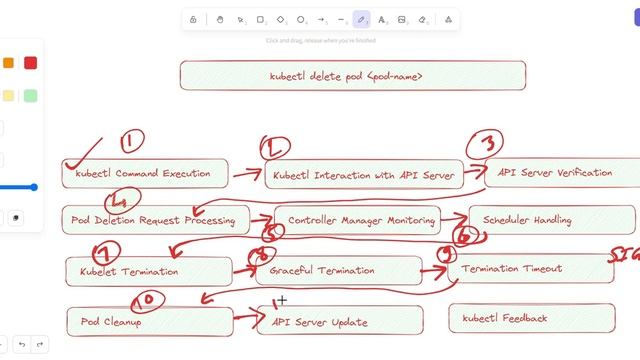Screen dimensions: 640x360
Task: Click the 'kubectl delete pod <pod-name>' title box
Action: pos(352,76)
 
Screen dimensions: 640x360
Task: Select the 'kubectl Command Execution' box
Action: pos(144,174)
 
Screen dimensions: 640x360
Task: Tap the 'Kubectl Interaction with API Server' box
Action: pos(364,175)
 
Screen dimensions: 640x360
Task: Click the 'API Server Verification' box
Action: pos(556,172)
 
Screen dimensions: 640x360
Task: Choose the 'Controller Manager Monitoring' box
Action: pos(361,220)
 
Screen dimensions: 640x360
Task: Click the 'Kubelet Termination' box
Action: pos(147,271)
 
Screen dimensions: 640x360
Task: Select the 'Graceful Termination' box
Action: pos(339,270)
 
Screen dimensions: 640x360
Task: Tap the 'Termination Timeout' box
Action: pos(530,268)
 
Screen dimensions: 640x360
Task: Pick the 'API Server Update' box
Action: pos(340,322)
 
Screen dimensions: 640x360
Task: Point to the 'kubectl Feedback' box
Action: pos(531,318)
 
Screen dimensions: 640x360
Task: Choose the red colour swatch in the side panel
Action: pos(30,63)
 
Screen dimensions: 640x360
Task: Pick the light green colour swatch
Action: pos(30,95)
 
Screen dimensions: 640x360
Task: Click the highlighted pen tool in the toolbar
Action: pos(362,19)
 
